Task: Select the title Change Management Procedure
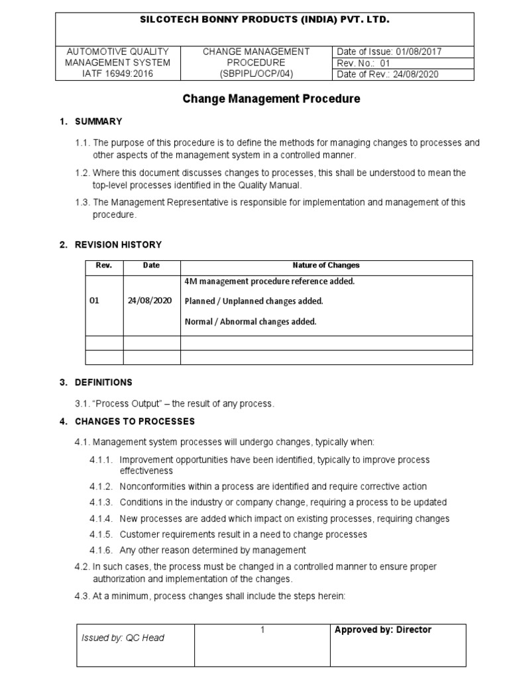pyautogui.click(x=271, y=99)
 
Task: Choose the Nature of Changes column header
pyautogui.click(x=326, y=265)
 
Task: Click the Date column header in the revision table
pyautogui.click(x=151, y=265)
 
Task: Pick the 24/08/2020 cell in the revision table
pyautogui.click(x=150, y=301)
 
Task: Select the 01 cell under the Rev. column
pyautogui.click(x=94, y=301)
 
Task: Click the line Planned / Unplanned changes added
pyautogui.click(x=254, y=301)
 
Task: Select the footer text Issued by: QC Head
pyautogui.click(x=123, y=638)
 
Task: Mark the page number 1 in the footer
pyautogui.click(x=262, y=630)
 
